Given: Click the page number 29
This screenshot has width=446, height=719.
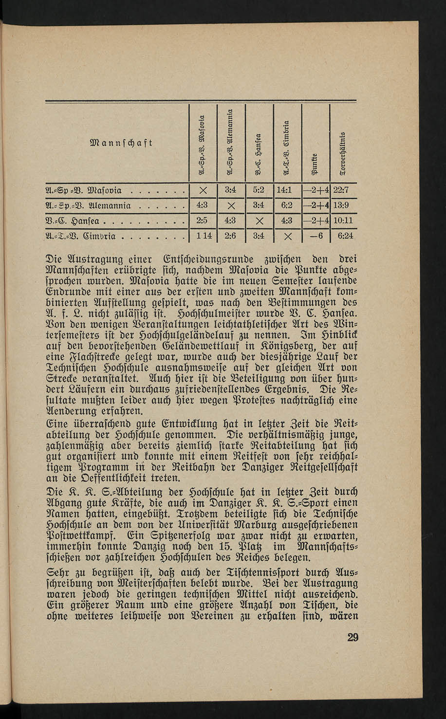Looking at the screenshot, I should [353, 637].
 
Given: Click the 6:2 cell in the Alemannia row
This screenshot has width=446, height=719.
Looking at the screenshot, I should [287, 206].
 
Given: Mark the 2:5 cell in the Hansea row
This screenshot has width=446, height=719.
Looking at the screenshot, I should [202, 221].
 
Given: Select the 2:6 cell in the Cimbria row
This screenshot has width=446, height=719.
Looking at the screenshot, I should [230, 237].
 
